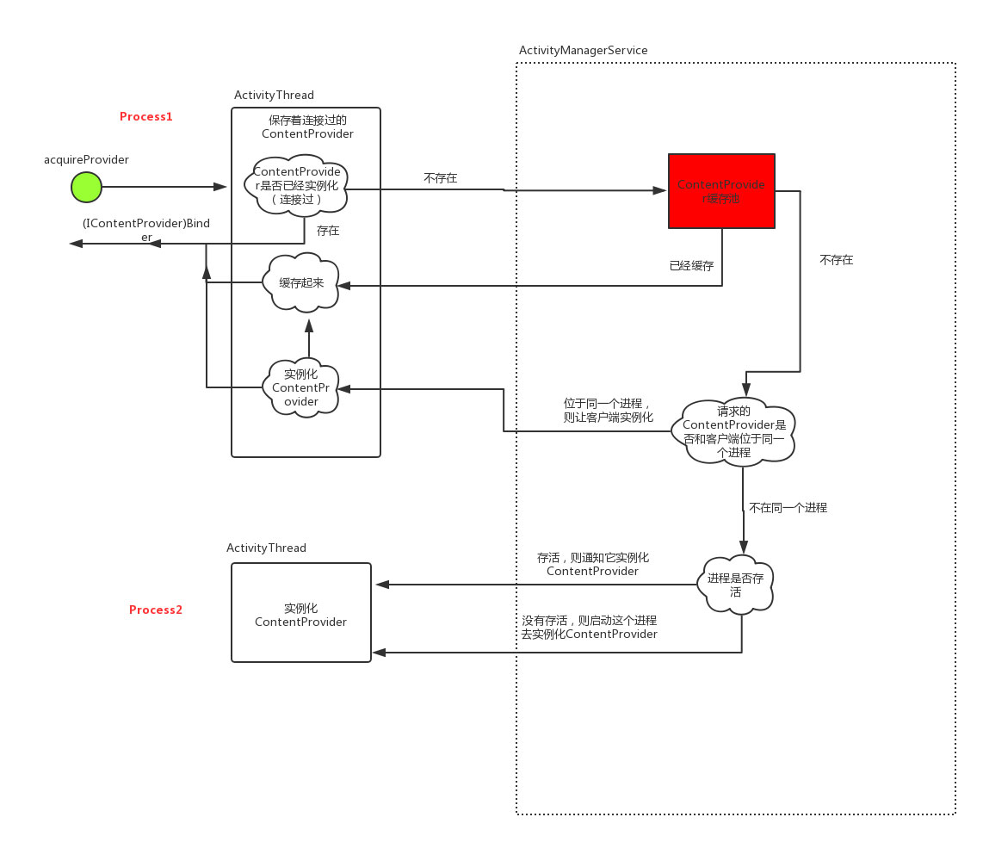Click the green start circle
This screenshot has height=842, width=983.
point(86,187)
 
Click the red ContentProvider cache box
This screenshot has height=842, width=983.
point(721,191)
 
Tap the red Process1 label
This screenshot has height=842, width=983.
point(145,116)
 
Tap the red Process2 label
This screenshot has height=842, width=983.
point(156,610)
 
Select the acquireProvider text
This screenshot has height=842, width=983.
point(86,160)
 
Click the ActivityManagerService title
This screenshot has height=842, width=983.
point(583,51)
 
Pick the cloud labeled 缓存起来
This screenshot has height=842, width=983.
point(301,282)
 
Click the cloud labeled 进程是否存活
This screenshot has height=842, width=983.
point(736,585)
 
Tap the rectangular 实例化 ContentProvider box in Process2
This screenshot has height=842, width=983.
point(300,613)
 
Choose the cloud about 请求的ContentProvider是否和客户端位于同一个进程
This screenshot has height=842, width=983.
point(734,431)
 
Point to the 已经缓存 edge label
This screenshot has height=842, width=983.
point(691,266)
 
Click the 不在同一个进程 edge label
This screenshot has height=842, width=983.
point(788,508)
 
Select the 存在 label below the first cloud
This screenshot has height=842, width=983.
point(328,231)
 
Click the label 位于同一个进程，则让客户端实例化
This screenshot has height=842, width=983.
point(608,411)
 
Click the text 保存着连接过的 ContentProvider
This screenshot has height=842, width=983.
point(307,127)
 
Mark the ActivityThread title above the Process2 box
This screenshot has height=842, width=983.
point(266,548)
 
